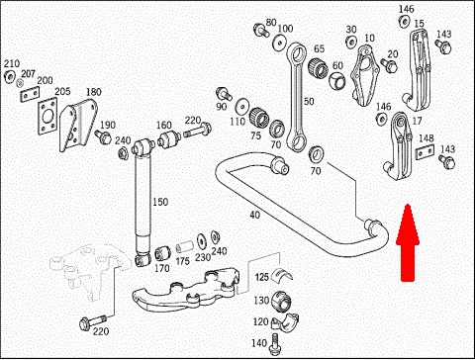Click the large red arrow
click(x=408, y=243)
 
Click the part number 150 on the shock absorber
click(x=160, y=202)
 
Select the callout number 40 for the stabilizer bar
click(x=254, y=215)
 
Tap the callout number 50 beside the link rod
click(x=309, y=101)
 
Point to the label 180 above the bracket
click(x=94, y=92)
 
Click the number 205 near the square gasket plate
click(x=62, y=91)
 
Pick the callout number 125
click(x=262, y=277)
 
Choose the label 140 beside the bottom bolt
click(x=259, y=343)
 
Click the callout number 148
click(x=427, y=138)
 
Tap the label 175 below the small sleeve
click(x=182, y=261)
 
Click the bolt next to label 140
click(x=275, y=343)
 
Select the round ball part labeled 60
click(x=336, y=81)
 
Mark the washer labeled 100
click(x=279, y=44)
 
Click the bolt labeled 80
click(x=260, y=30)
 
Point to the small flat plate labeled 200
click(x=30, y=95)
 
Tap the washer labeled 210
click(x=9, y=76)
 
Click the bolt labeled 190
click(x=103, y=136)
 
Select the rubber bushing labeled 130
click(x=281, y=301)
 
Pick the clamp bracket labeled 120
click(x=286, y=321)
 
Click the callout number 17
click(x=417, y=121)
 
